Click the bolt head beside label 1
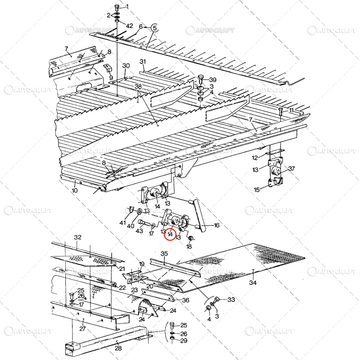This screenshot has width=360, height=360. pos(117,7)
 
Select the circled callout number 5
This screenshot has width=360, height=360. pos(154,27)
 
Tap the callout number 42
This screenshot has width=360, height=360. pos(129,26)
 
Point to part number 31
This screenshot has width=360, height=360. pos(143,62)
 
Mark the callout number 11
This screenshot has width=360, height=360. pos(291,110)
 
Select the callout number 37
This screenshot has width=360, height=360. pos(291,169)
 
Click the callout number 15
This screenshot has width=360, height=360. pos(256,190)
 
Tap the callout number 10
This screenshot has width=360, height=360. pos(74,190)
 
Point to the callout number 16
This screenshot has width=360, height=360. pos(216,226)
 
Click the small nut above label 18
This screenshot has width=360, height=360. pos(189,238)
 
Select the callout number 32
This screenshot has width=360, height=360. pos(78,237)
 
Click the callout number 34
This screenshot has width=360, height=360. pos(253,283)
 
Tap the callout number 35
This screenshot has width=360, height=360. pos(164,254)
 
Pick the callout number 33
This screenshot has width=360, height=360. pos(231,299)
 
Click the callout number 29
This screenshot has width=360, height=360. pos(183,341)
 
